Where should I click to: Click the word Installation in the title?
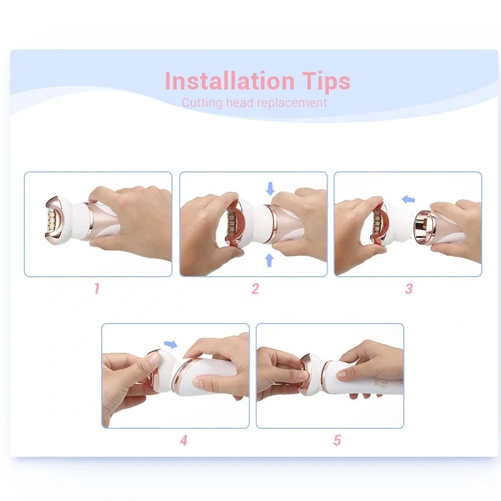pos(229,81)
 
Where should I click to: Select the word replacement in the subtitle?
pos(291,103)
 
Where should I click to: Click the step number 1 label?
pos(97,289)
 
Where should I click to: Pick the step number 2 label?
pos(255,289)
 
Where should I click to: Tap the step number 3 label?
pos(408,289)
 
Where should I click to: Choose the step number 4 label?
pos(183,440)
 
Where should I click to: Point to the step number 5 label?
pos(337,440)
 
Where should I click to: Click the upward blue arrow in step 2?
pos(270,260)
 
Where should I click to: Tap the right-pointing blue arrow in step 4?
pos(171,345)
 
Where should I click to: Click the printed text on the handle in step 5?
pos(382,382)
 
